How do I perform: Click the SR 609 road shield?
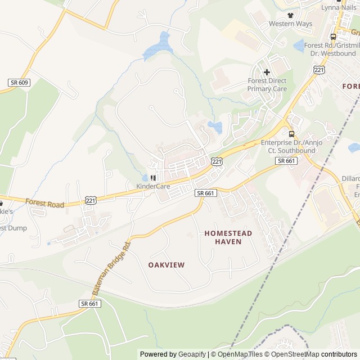pyautogui.click(x=18, y=83)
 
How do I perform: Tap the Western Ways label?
pyautogui.click(x=290, y=24)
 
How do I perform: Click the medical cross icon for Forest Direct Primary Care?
pyautogui.click(x=267, y=72)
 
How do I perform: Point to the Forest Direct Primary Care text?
pyautogui.click(x=267, y=85)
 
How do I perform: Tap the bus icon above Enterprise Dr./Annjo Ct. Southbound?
pyautogui.click(x=291, y=134)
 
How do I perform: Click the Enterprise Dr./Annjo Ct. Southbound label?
pyautogui.click(x=291, y=146)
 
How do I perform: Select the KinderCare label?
pyautogui.click(x=153, y=186)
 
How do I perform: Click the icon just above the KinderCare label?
pyautogui.click(x=153, y=178)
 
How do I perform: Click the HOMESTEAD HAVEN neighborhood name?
pyautogui.click(x=228, y=237)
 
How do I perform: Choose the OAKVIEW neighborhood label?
pyautogui.click(x=166, y=264)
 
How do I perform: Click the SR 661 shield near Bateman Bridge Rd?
pyautogui.click(x=89, y=303)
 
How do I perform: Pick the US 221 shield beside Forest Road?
pyautogui.click(x=91, y=200)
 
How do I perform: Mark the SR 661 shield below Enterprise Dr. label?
pyautogui.click(x=286, y=161)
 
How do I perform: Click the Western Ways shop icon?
pyautogui.click(x=290, y=15)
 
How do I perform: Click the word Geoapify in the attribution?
pyautogui.click(x=192, y=354)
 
